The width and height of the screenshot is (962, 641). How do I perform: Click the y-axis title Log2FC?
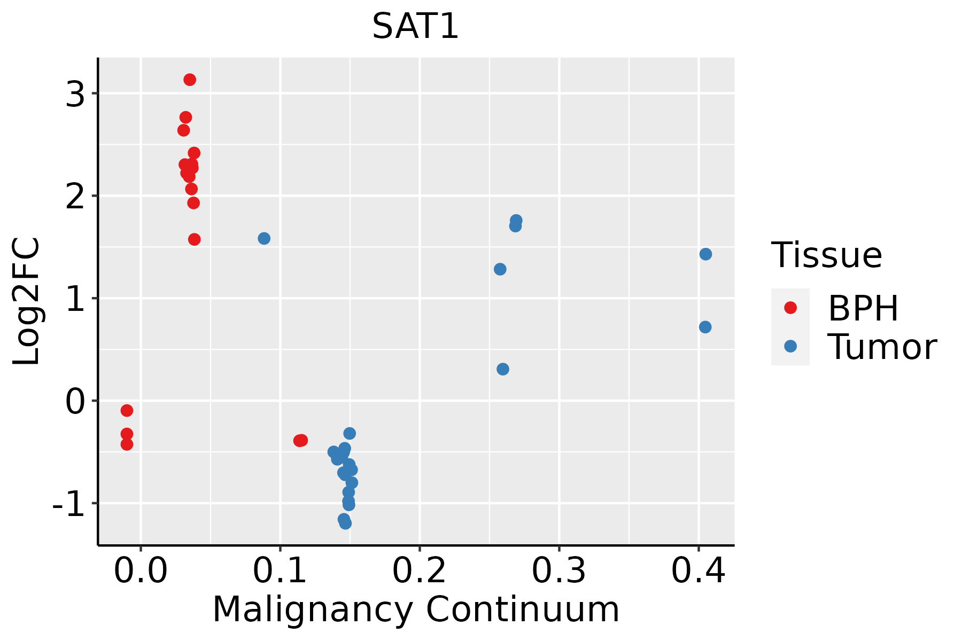pos(27,302)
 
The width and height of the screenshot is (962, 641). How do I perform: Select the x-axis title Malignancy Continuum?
pos(415,609)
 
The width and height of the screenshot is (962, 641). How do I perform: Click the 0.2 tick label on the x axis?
pos(420,571)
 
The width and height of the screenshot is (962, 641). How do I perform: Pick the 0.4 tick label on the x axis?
pos(698,571)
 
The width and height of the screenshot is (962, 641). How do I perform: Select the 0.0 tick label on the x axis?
pos(141,571)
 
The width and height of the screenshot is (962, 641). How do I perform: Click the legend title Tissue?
pos(826,255)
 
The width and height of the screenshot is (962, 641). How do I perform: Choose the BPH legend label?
pos(863,308)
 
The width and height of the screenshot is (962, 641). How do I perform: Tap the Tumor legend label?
pos(882,347)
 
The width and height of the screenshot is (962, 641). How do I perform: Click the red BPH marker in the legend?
pos(790,308)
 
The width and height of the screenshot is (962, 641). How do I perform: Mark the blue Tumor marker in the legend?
pos(790,346)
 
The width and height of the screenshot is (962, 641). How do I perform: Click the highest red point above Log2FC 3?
pos(190,80)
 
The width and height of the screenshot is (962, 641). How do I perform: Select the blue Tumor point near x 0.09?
pos(264,238)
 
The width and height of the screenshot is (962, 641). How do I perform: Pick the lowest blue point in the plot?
pos(346,523)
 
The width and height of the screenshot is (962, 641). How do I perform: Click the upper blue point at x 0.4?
pos(705,254)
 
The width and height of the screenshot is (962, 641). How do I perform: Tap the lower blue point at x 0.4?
pos(705,327)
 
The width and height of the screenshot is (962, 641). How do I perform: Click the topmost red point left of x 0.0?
pos(127,410)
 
